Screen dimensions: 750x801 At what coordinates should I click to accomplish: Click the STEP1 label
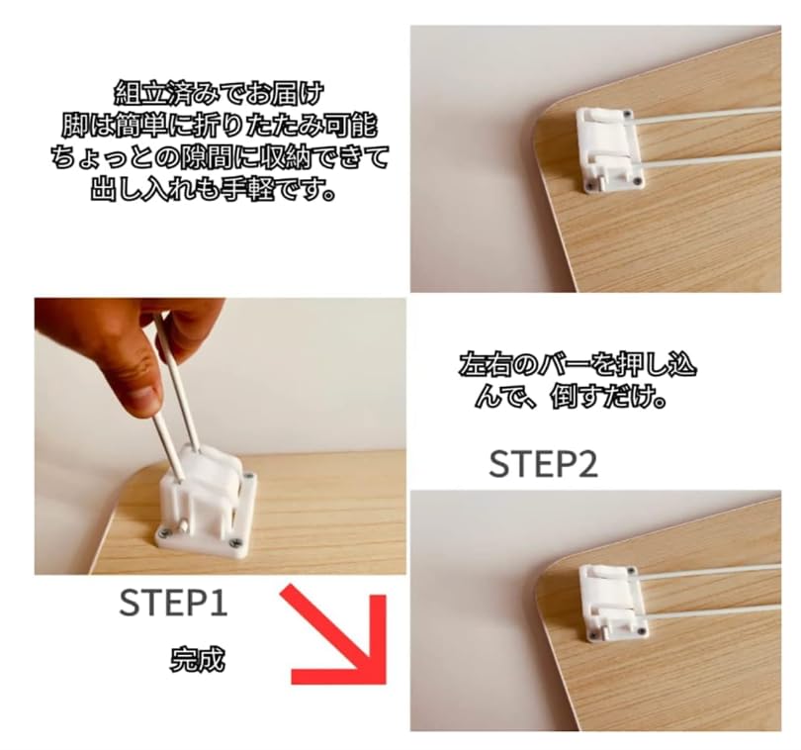[173, 603]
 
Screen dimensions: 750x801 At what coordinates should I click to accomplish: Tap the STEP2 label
[543, 464]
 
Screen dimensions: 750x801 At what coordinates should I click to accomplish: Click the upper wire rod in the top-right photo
[712, 116]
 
